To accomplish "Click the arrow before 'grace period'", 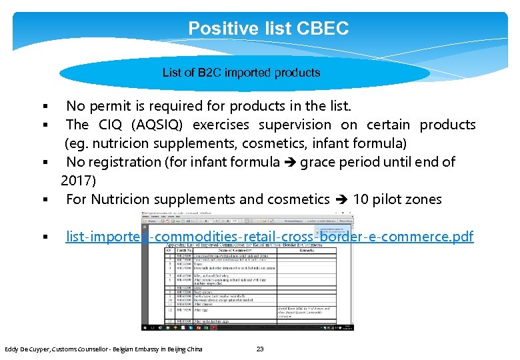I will tap(291, 163).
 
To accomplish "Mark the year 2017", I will tap(78, 181).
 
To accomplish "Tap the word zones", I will tap(424, 199).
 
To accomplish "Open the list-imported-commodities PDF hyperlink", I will tap(269, 237).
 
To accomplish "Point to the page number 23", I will tap(260, 349).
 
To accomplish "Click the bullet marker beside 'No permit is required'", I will tap(44, 107).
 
